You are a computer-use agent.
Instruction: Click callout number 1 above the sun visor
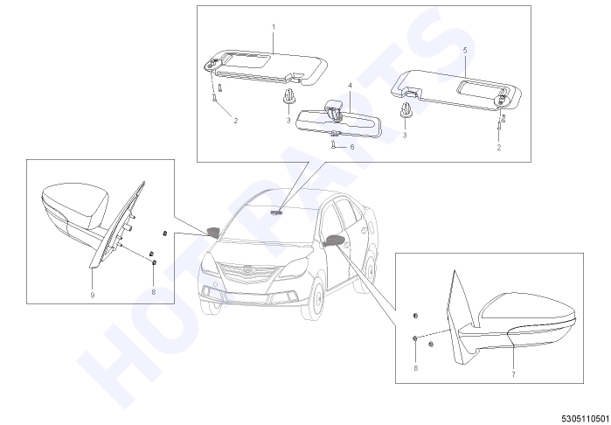(273, 27)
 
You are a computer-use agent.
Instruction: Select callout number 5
(464, 51)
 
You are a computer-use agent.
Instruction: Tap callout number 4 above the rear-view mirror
(350, 86)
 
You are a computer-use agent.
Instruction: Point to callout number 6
(352, 147)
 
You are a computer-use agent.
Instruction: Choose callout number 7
(514, 374)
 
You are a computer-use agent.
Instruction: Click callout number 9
(93, 296)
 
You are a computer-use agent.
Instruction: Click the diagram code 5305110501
(586, 418)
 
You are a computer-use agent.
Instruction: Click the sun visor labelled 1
(265, 67)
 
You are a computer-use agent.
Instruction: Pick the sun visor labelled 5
(456, 90)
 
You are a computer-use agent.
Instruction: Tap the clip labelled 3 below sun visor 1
(288, 97)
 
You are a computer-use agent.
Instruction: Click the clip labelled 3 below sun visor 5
(405, 111)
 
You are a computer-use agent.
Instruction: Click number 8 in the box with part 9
(154, 292)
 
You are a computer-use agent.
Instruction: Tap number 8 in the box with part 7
(416, 368)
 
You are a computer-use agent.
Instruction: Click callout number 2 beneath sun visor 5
(499, 148)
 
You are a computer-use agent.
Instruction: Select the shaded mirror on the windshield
(277, 212)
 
